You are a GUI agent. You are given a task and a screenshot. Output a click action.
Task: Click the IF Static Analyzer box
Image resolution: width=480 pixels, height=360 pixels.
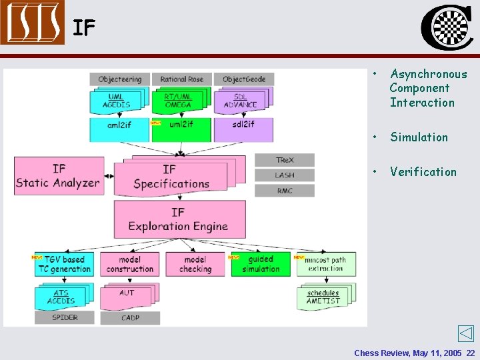pyautogui.click(x=59, y=176)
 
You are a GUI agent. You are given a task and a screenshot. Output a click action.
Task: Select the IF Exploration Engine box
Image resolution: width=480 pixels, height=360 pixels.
pyautogui.click(x=178, y=219)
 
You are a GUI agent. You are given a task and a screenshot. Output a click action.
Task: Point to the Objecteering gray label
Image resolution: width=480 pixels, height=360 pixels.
pyautogui.click(x=120, y=79)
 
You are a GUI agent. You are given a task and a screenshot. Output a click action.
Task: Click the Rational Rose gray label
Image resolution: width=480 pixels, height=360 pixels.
pyautogui.click(x=181, y=79)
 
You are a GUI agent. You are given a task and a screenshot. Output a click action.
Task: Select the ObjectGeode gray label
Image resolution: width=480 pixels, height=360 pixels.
pyautogui.click(x=244, y=79)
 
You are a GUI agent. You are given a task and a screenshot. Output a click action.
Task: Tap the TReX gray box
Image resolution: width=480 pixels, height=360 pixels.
pyautogui.click(x=285, y=160)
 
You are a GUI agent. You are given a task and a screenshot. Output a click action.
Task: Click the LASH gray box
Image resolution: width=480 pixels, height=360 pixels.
pyautogui.click(x=285, y=175)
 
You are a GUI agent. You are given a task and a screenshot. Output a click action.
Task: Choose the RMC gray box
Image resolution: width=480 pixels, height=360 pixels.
pyautogui.click(x=285, y=191)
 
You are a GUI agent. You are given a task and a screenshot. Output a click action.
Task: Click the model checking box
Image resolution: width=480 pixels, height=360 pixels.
pyautogui.click(x=195, y=264)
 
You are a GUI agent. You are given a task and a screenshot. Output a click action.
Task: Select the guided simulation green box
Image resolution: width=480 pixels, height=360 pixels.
pyautogui.click(x=261, y=264)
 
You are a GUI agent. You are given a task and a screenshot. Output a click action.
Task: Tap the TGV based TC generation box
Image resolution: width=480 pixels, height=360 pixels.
pyautogui.click(x=65, y=264)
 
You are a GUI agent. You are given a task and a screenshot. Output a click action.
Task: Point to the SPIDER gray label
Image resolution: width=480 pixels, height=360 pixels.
pyautogui.click(x=65, y=318)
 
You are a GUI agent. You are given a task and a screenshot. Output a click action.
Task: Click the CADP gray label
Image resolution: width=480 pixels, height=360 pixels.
pyautogui.click(x=130, y=318)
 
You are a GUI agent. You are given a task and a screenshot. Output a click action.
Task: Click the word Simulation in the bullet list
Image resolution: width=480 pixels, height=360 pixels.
pyautogui.click(x=419, y=137)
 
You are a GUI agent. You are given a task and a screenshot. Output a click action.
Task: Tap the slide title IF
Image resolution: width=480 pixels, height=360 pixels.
pyautogui.click(x=84, y=28)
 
